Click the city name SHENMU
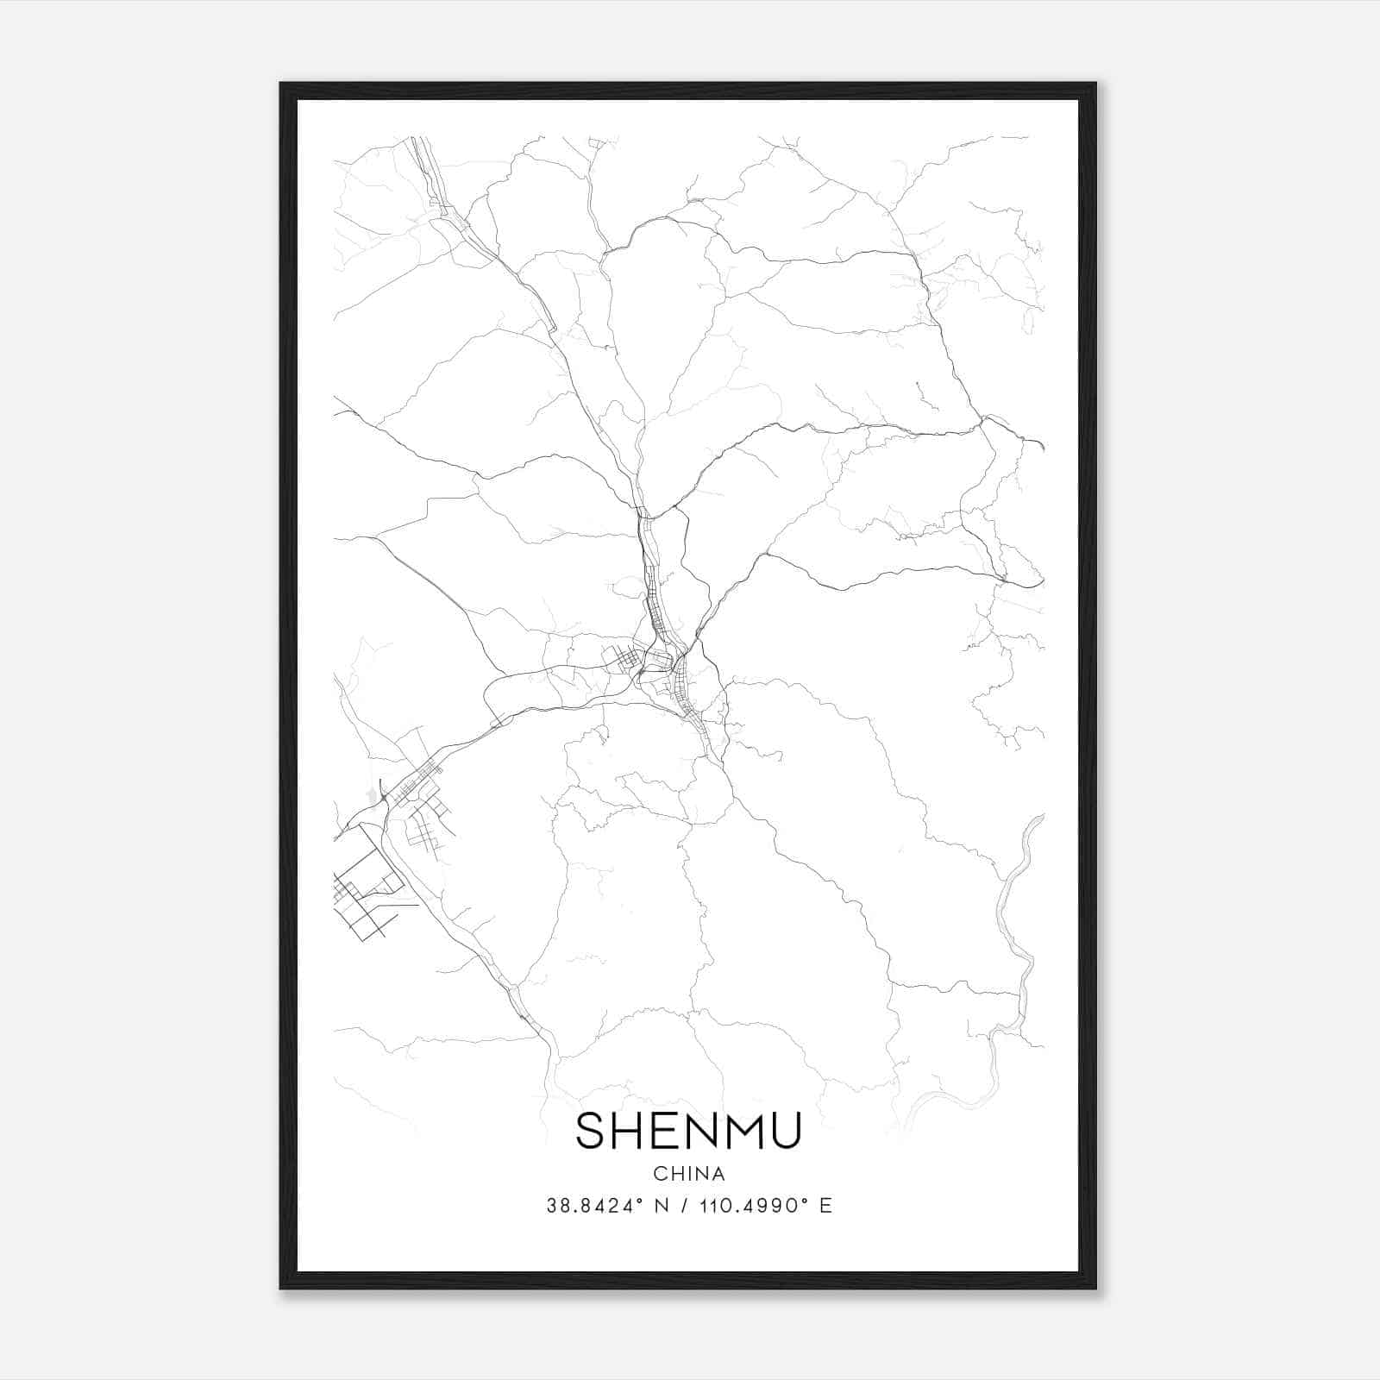pos(688,1131)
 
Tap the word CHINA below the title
pos(688,1174)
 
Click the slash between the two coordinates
pos(686,1206)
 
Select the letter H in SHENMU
pos(630,1131)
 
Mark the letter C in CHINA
pos(659,1174)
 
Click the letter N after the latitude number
pos(662,1206)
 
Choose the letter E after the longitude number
pos(826,1206)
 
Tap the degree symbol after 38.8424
pos(642,1201)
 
